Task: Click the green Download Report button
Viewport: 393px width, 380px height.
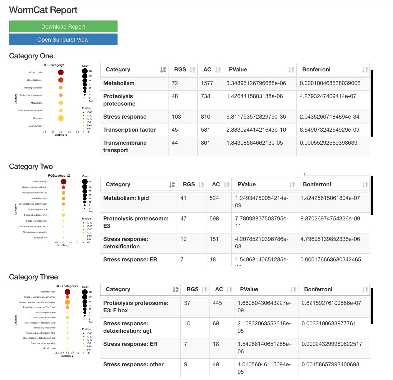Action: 63,27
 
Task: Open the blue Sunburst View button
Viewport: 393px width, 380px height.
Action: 63,40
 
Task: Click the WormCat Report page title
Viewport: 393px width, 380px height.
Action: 43,10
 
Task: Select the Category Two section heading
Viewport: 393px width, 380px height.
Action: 31,166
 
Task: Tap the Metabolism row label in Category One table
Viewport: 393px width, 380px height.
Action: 119,83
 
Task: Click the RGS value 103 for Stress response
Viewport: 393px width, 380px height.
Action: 176,117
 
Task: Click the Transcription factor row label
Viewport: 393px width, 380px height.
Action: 129,130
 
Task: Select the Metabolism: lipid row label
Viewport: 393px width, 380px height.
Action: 126,198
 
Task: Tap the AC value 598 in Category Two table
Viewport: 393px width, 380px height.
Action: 214,219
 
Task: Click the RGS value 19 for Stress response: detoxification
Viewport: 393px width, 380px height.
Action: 183,239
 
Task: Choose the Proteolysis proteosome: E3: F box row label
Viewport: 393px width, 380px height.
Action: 136,306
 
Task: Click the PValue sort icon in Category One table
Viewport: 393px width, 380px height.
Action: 291,70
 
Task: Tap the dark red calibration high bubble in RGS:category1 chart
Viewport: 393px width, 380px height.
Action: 61,72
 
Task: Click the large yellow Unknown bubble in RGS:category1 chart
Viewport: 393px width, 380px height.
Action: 61,118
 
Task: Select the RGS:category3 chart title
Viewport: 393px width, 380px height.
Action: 67,286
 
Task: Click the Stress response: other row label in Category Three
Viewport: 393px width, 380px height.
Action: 133,364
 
